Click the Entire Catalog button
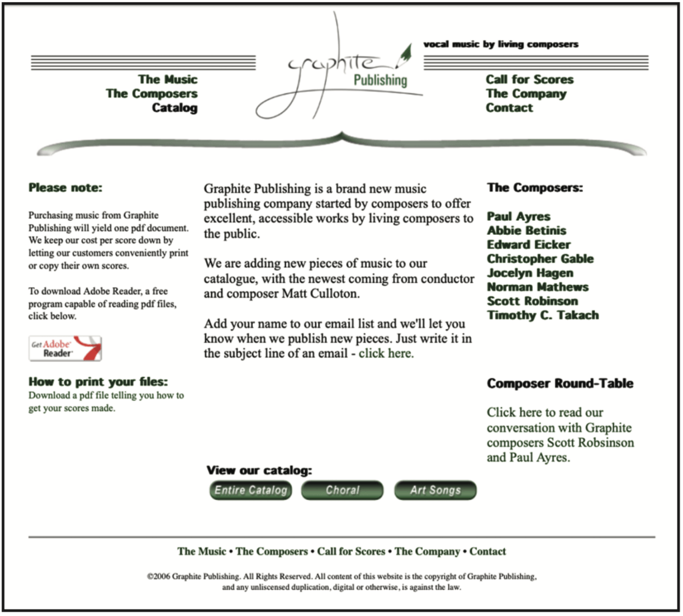tap(250, 490)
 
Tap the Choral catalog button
tap(342, 490)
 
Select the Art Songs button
tap(435, 490)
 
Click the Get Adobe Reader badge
tap(65, 348)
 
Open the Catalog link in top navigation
tap(175, 107)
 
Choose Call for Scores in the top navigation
tap(529, 79)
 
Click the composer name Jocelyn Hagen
tap(530, 272)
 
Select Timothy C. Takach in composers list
tap(542, 315)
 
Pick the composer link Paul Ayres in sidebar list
tap(518, 216)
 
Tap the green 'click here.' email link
tap(386, 353)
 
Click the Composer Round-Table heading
tap(560, 383)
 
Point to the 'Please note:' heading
tap(65, 188)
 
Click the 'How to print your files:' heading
tap(98, 382)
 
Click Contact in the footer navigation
tap(488, 551)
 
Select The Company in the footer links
tap(427, 551)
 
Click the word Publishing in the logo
tap(380, 80)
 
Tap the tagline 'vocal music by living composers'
tap(500, 44)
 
